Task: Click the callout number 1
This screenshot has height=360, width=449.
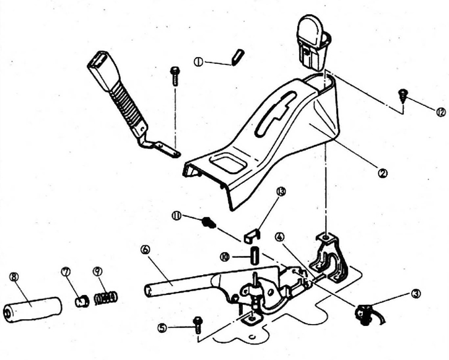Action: [198, 61]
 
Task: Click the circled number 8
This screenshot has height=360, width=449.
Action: [14, 277]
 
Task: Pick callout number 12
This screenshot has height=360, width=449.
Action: [440, 112]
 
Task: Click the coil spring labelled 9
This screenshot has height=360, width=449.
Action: [105, 298]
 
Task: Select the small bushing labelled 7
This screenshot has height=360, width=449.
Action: [80, 301]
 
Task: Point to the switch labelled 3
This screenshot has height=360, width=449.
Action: [364, 312]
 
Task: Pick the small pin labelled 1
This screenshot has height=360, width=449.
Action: [237, 56]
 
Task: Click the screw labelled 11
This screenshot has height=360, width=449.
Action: [209, 221]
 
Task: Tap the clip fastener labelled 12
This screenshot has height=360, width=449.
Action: [403, 95]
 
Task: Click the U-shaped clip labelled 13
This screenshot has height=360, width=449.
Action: [251, 235]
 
